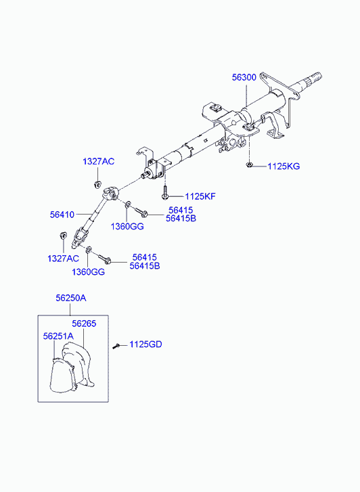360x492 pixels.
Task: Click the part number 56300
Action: tap(244, 78)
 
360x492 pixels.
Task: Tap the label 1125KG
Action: tap(284, 166)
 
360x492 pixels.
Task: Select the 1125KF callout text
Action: tap(200, 197)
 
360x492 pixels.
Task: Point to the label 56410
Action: tap(62, 215)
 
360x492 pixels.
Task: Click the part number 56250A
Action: tap(71, 298)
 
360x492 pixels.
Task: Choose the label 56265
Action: tap(84, 323)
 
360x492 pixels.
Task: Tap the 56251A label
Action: tap(58, 336)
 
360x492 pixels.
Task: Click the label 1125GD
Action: tap(145, 344)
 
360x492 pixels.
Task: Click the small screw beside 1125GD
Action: tap(116, 346)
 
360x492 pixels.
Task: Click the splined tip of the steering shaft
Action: tap(315, 78)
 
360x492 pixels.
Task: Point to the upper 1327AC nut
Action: tap(97, 184)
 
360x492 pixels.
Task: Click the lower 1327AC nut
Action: tap(63, 235)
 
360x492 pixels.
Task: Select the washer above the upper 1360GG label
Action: tap(127, 205)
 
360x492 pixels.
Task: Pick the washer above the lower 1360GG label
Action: tap(89, 250)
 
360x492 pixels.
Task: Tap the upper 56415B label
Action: tap(181, 219)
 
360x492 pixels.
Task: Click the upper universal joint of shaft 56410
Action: tap(112, 193)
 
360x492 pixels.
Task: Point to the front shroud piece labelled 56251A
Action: tap(62, 376)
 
